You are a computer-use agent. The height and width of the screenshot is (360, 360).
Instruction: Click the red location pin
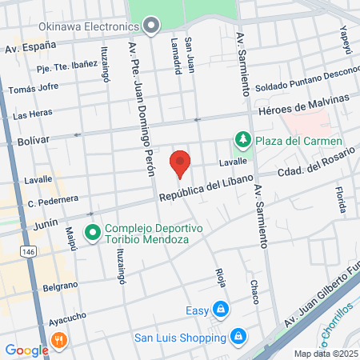click(181, 162)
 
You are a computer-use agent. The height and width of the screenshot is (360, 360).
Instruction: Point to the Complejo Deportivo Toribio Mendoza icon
click(94, 234)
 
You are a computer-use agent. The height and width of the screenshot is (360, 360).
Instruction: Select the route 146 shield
click(29, 251)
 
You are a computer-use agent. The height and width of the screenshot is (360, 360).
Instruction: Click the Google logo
click(26, 350)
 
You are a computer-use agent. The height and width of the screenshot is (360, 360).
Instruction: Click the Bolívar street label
click(33, 140)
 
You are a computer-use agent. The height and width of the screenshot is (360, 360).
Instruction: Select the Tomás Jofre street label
click(31, 89)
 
